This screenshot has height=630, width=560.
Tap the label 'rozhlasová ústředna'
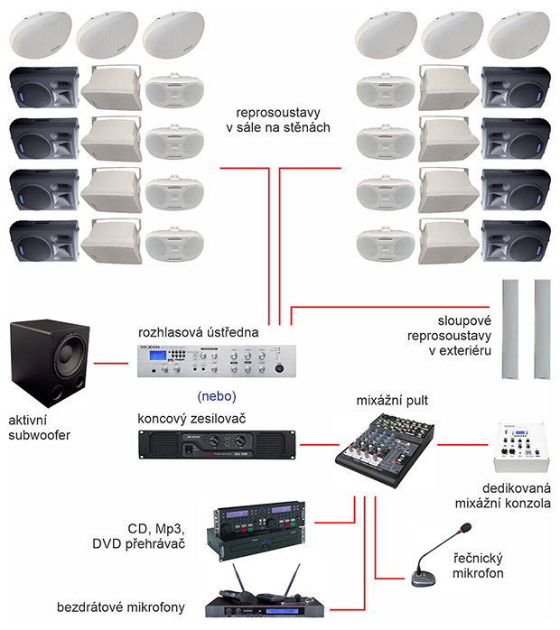(198, 332)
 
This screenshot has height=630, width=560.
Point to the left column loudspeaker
(511, 329)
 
